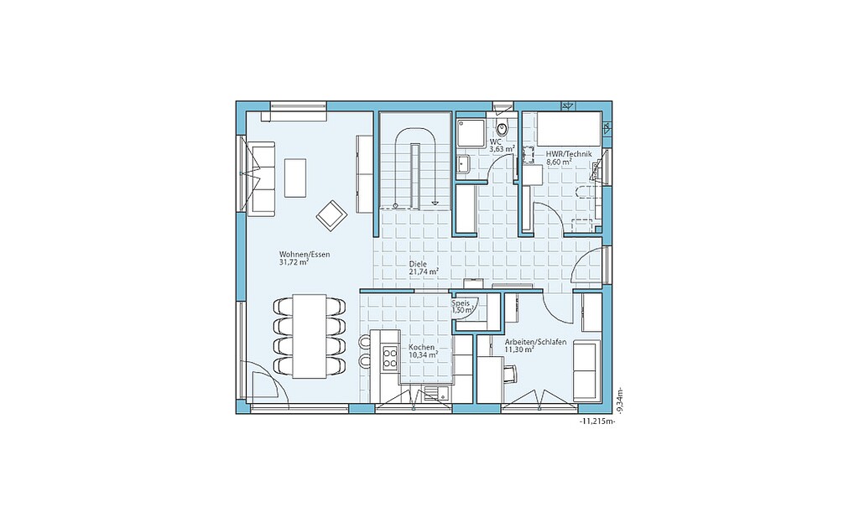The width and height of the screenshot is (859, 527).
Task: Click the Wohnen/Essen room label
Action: coord(305,255)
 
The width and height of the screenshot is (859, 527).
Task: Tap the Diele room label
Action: coord(418,264)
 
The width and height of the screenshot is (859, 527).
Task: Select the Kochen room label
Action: coord(422,348)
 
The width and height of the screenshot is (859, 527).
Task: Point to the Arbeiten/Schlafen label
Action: coord(535,342)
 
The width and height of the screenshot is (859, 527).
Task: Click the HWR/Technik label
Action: coord(569,154)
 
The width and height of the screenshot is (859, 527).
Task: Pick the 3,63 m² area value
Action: coord(502,149)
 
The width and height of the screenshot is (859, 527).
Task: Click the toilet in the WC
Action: coord(502,127)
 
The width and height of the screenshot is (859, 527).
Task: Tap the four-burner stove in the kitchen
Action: coord(390,359)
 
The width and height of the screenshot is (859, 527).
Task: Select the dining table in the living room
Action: coord(310,335)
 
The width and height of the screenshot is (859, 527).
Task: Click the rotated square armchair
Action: coord(331,215)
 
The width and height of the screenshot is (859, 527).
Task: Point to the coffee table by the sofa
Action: coord(295,178)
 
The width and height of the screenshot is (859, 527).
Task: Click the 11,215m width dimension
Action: coord(596,422)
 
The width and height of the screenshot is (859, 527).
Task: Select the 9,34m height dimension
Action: coord(619,400)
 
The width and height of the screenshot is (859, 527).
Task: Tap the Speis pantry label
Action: coord(460,303)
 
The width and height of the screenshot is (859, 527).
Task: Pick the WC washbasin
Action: coord(463,163)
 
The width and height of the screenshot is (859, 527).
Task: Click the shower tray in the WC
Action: coord(471,132)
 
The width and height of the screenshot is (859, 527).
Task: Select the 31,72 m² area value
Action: coord(294,262)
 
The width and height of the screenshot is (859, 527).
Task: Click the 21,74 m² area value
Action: coord(424,271)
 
